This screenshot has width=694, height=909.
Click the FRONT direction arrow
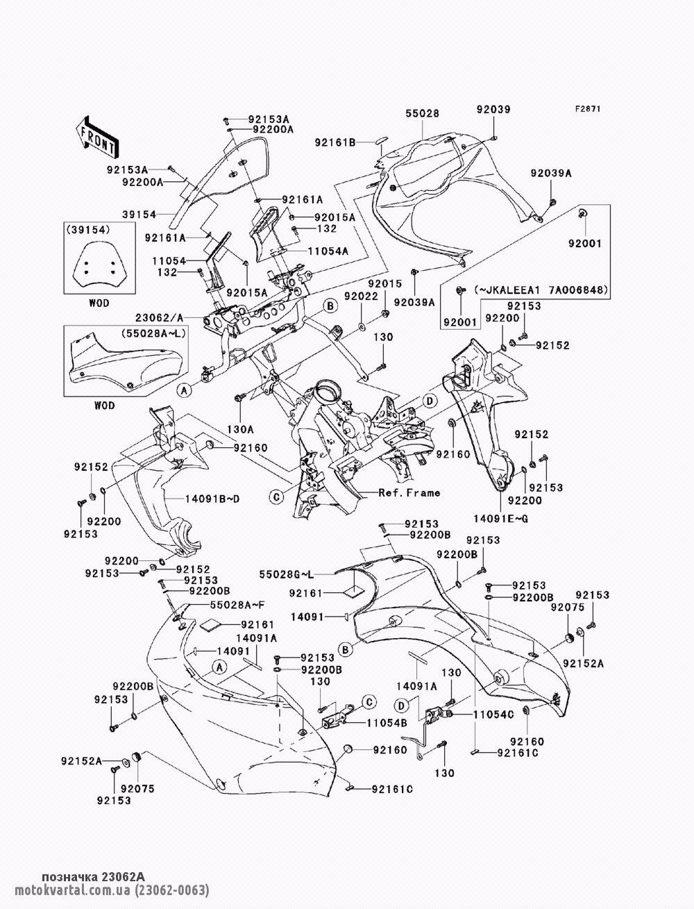coord(97,137)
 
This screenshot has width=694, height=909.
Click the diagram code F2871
coord(588,109)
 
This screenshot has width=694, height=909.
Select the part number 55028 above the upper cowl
coord(422,113)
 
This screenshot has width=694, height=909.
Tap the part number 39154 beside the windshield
coord(139,214)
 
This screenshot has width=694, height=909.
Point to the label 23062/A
coord(159,317)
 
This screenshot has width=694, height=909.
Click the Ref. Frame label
coord(409,493)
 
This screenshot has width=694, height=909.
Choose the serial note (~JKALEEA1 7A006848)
coord(541,290)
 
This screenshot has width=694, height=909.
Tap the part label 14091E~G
coord(501,519)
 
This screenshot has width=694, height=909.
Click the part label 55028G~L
coord(287,574)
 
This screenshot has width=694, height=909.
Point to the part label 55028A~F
coord(237,605)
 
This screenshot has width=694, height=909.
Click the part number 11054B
coord(387,723)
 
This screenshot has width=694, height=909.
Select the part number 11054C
coord(493,715)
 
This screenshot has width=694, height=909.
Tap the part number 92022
coord(362,296)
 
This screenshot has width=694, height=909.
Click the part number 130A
coord(240,430)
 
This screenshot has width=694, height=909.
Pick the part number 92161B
coord(335,142)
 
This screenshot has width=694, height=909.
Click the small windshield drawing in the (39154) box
coord(99,265)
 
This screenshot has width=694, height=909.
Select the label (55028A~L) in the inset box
coord(153,333)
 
